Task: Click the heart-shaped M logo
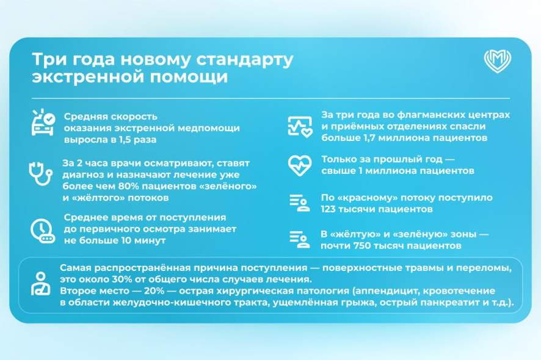(x=497, y=61)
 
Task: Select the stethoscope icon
(x=40, y=174)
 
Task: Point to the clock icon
(x=43, y=231)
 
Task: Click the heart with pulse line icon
(x=299, y=165)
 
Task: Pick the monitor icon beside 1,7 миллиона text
(x=300, y=126)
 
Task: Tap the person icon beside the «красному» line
(x=299, y=203)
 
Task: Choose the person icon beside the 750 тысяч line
(x=299, y=239)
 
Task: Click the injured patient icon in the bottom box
(x=41, y=284)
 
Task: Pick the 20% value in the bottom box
(x=154, y=290)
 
